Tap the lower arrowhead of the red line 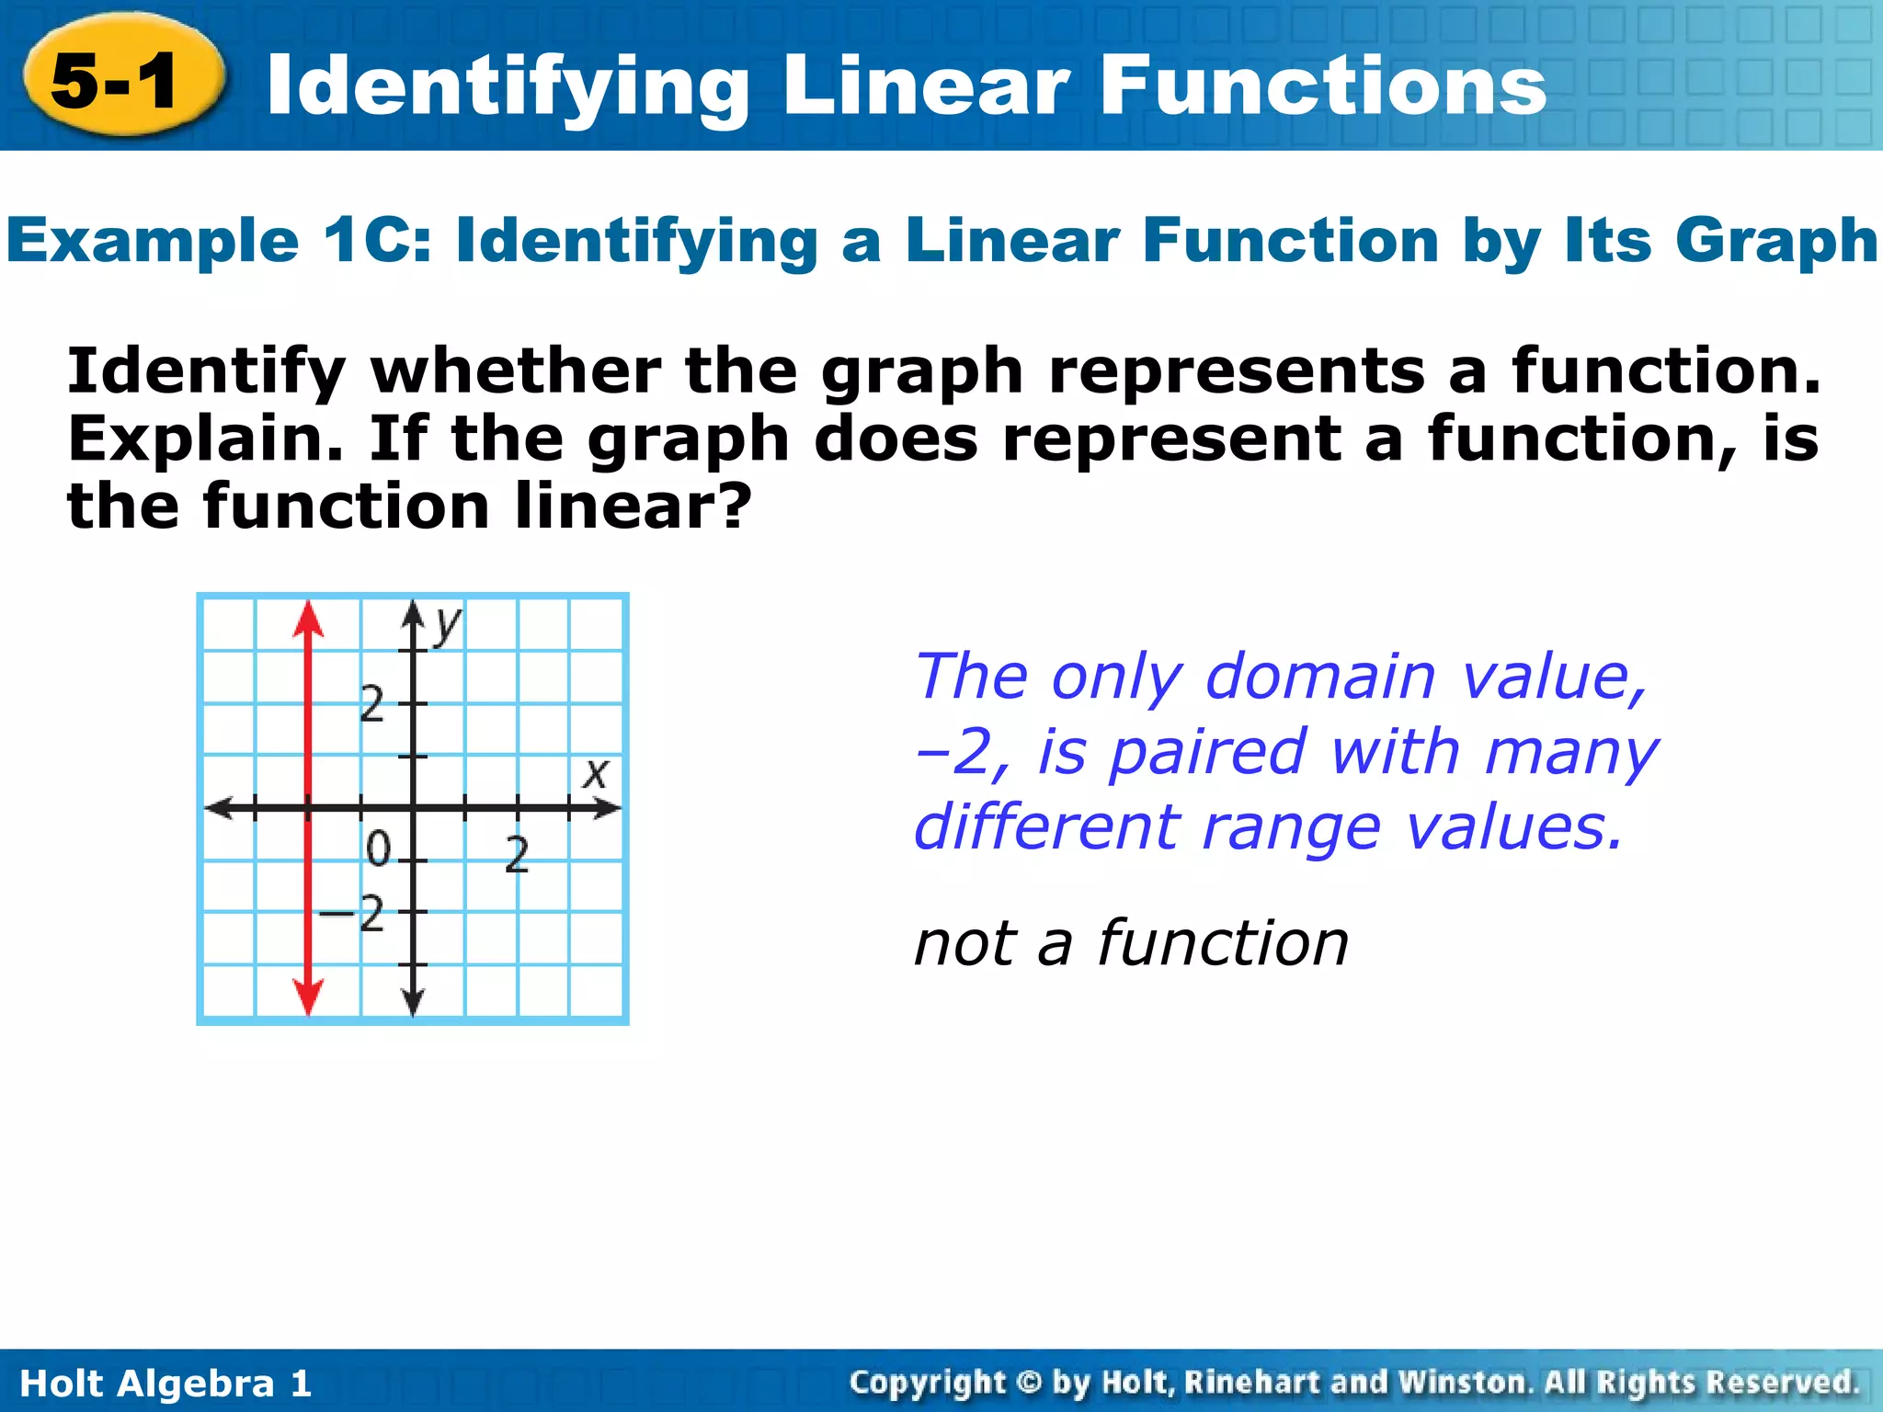click(309, 996)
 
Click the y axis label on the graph click(448, 625)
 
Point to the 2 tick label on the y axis click(371, 705)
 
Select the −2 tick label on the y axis click(352, 915)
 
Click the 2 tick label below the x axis click(518, 855)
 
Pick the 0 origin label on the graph click(378, 849)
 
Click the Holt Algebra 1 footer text click(165, 1384)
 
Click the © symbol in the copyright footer click(1029, 1383)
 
